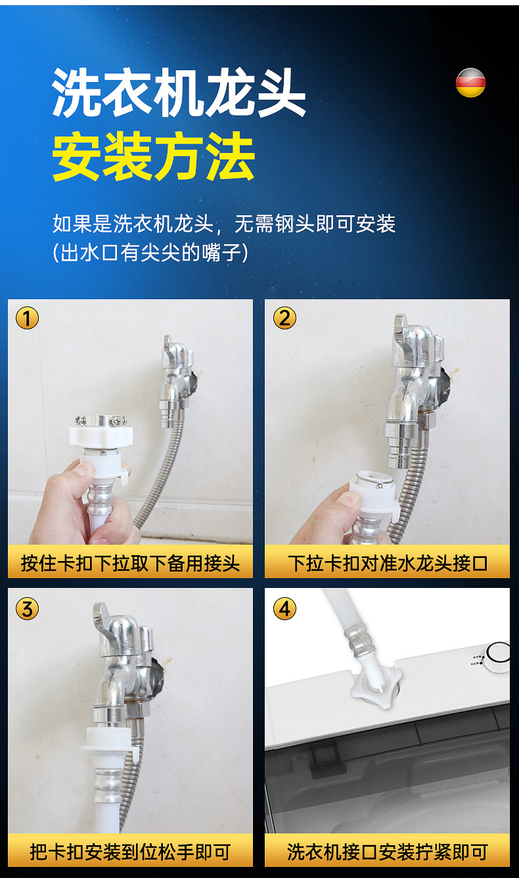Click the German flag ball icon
pos(470,82)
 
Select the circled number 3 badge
pos(27,610)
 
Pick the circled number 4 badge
pos(284,610)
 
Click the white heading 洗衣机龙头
pos(179,92)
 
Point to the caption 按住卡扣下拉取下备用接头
pos(130,564)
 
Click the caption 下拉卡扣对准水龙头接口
pos(388,564)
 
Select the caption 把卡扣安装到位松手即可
pos(130,852)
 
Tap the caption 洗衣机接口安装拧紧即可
pos(388,852)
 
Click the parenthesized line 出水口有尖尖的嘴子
pos(150,252)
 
